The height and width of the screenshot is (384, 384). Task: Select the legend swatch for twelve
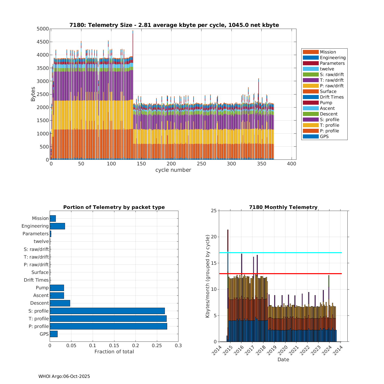[x=311, y=69]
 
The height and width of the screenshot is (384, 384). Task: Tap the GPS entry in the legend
[x=324, y=136]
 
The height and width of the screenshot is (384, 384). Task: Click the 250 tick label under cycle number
[x=201, y=164]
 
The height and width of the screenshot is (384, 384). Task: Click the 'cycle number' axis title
[x=173, y=170]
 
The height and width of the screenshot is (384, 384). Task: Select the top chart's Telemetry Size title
[x=174, y=25]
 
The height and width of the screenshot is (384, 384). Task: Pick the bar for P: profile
[x=108, y=326]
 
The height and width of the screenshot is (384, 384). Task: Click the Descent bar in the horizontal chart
[x=60, y=303]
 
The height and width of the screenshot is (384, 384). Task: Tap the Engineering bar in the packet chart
[x=57, y=226]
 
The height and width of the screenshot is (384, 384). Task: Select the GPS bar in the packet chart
[x=54, y=334]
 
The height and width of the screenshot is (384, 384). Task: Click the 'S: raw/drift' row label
[x=36, y=249]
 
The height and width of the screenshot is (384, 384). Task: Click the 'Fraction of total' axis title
[x=114, y=352]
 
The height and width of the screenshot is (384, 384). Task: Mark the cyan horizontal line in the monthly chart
[x=282, y=253]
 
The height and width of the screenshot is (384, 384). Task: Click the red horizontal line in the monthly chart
[x=294, y=274]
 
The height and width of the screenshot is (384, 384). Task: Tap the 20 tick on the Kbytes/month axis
[x=214, y=237]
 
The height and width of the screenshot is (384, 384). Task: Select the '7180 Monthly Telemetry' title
[x=283, y=207]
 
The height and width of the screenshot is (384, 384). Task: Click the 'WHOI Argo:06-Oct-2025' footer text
[x=64, y=376]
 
